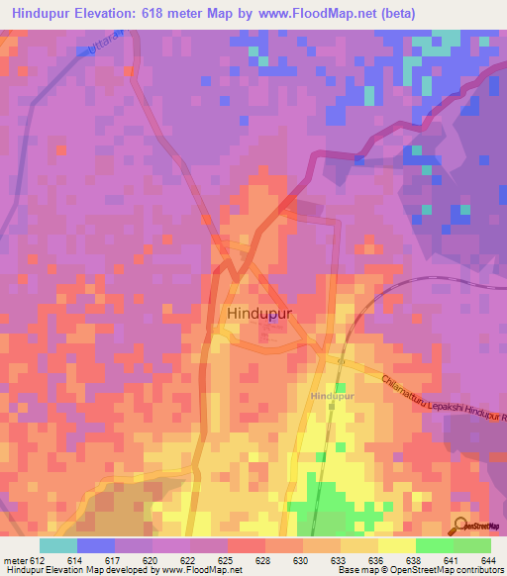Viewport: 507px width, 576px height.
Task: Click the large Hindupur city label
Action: click(x=264, y=314)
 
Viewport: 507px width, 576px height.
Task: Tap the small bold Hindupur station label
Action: click(x=332, y=395)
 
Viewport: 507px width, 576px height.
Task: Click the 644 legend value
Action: click(x=484, y=561)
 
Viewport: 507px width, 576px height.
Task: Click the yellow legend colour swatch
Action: click(x=396, y=545)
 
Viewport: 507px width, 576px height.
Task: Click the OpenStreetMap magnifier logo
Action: click(x=459, y=526)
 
